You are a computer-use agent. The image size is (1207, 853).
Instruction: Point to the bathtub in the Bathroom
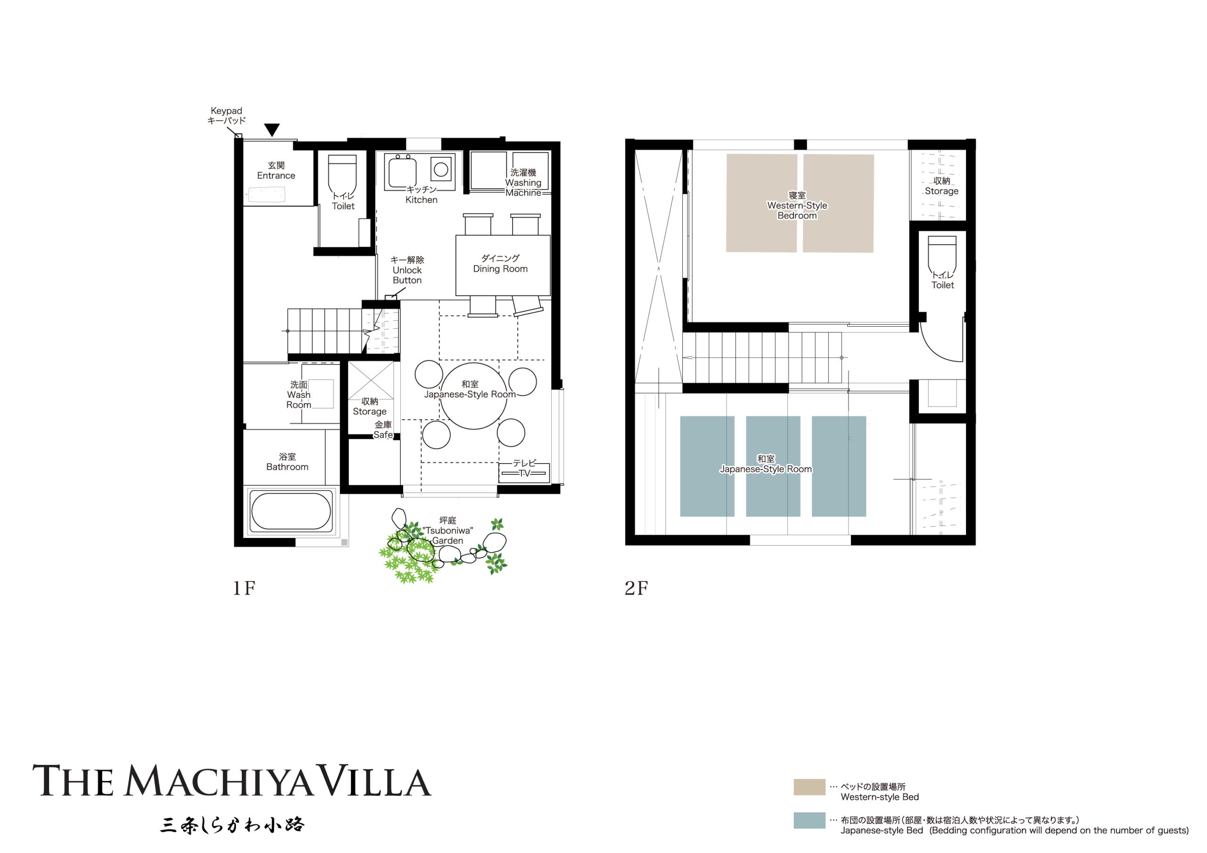(291, 511)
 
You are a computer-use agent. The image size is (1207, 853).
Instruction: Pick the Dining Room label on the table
(500, 264)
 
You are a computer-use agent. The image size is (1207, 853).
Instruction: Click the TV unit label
(524, 468)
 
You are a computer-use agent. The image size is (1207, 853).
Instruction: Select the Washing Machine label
(523, 182)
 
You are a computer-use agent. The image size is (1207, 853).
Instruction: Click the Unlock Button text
(407, 270)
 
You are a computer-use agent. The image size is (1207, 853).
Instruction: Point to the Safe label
(383, 430)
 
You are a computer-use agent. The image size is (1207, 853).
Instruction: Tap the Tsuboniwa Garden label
(447, 530)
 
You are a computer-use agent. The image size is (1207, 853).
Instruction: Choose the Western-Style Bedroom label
(796, 205)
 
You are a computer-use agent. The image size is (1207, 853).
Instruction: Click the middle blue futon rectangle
(772, 466)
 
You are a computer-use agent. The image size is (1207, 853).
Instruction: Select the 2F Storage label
(941, 186)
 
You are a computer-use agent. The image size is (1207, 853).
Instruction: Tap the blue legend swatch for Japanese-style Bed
(809, 820)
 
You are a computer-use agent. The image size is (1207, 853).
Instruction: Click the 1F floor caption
(244, 588)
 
